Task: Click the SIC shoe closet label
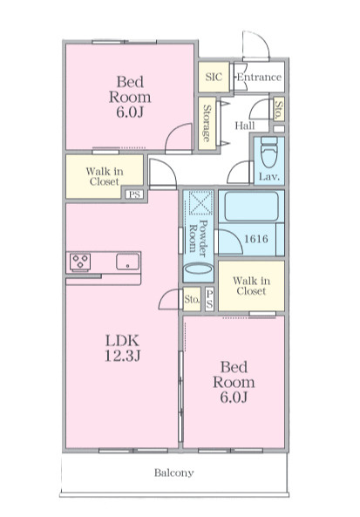pyautogui.click(x=214, y=77)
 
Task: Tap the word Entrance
pyautogui.click(x=259, y=77)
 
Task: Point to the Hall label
pyautogui.click(x=245, y=126)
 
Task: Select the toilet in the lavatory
pyautogui.click(x=269, y=152)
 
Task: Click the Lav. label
pyautogui.click(x=269, y=177)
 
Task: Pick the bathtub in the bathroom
pyautogui.click(x=251, y=207)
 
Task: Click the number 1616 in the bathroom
pyautogui.click(x=255, y=238)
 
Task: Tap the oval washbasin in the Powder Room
pyautogui.click(x=198, y=269)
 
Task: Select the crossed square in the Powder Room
pyautogui.click(x=198, y=202)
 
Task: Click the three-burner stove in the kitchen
pyautogui.click(x=80, y=262)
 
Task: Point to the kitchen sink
pyautogui.click(x=127, y=262)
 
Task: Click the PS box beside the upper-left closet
pyautogui.click(x=134, y=194)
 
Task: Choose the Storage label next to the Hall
pyautogui.click(x=207, y=123)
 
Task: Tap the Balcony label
pyautogui.click(x=173, y=473)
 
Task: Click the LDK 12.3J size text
pyautogui.click(x=122, y=348)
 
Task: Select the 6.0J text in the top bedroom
pyautogui.click(x=130, y=112)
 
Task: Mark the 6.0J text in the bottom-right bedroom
pyautogui.click(x=234, y=397)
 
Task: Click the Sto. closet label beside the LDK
pyautogui.click(x=192, y=299)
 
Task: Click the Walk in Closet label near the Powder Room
pyautogui.click(x=251, y=286)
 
